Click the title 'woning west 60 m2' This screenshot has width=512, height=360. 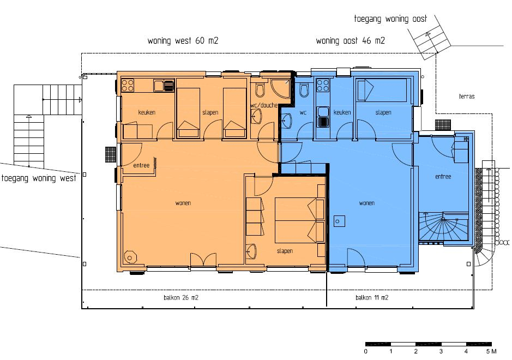tap(183, 41)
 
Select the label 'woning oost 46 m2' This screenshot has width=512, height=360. tap(351, 41)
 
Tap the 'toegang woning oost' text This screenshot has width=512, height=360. tap(390, 19)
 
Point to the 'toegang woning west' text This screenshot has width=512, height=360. tap(39, 178)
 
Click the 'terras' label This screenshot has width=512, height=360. tap(467, 97)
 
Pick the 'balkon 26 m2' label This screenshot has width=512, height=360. tap(181, 298)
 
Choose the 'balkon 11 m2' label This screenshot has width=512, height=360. tap(372, 298)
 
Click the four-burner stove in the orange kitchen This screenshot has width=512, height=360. tap(128, 85)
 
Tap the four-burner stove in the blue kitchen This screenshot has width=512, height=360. tap(323, 85)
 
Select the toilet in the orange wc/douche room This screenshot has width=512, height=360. tap(260, 91)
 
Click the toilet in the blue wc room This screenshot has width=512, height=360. tap(304, 91)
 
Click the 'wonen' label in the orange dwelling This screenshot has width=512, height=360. tap(183, 203)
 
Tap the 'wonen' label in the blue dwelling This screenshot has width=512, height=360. tap(367, 203)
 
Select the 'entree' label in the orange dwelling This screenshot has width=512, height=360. tap(141, 165)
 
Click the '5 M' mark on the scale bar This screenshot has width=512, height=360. tap(491, 351)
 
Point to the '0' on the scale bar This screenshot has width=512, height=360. tap(365, 351)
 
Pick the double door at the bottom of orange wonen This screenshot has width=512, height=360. tap(203, 260)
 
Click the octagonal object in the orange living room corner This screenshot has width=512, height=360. tap(130, 257)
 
